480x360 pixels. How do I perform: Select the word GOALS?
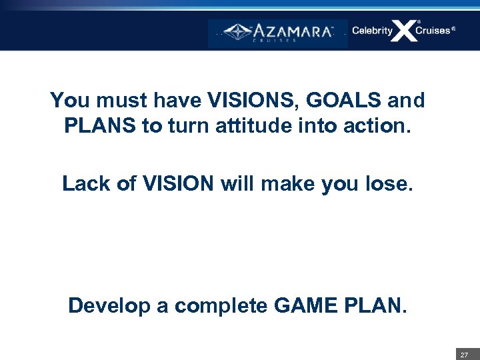tap(345, 101)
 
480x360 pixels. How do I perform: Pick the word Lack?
tap(84, 183)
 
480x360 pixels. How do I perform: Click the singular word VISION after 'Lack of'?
tap(177, 183)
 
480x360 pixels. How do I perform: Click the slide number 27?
tap(464, 355)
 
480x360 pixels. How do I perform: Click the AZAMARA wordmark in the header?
tap(292, 31)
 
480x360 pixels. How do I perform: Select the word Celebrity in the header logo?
tap(372, 31)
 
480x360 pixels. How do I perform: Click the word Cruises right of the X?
tap(433, 31)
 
